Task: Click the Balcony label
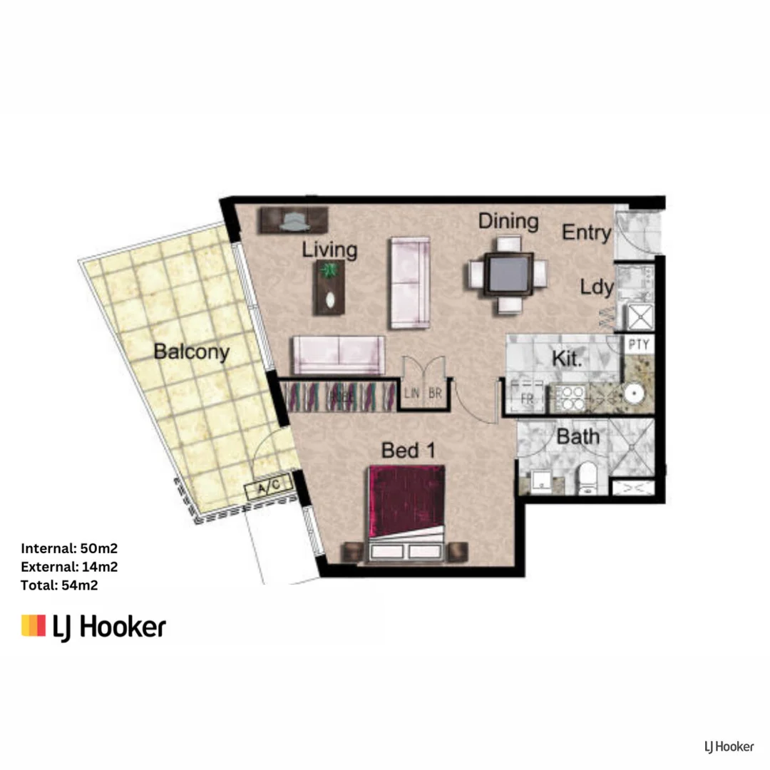(192, 351)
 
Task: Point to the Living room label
(329, 250)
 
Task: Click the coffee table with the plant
(330, 287)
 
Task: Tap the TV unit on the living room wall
(293, 220)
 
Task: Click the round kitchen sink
(633, 394)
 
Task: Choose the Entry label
(586, 232)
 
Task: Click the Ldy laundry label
(596, 287)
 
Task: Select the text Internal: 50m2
(68, 548)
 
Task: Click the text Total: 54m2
(59, 585)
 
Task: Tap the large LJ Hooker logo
(93, 626)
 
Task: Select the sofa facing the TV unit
(338, 354)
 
